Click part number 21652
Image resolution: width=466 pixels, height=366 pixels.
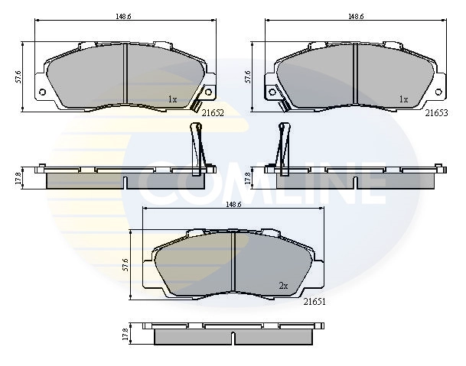213,113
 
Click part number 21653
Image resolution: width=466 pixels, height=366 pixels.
436,113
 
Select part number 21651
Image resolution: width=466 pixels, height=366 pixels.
314,302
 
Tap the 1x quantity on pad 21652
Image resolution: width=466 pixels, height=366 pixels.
172,99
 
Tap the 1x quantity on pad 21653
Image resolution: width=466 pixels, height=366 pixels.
403,99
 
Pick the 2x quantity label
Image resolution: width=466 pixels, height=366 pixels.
284,286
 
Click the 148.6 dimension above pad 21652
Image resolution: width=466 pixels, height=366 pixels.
123,16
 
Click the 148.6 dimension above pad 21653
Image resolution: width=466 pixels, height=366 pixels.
356,16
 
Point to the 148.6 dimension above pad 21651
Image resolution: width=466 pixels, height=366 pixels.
233,204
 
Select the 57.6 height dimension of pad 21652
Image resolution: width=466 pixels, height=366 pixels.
18,76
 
